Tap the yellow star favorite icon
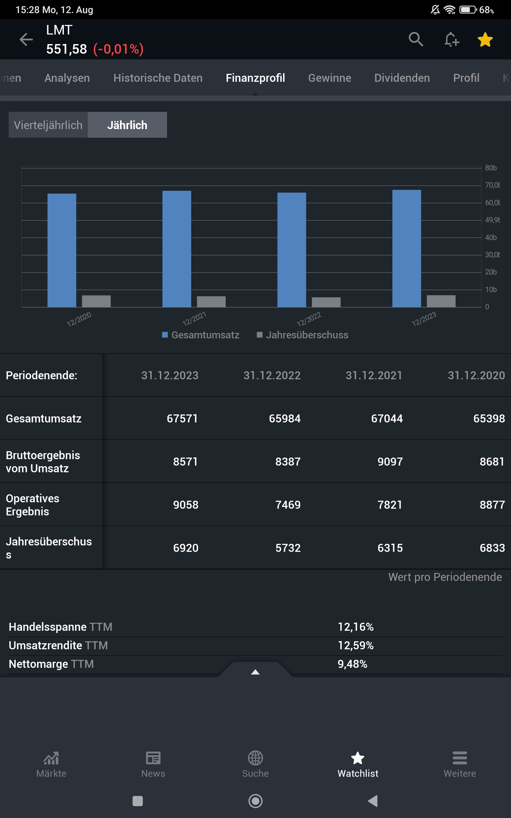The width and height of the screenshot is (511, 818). (x=485, y=40)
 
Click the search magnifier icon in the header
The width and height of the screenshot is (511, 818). (x=416, y=39)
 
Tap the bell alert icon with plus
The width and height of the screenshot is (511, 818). (x=451, y=40)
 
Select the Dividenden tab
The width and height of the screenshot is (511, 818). (x=402, y=78)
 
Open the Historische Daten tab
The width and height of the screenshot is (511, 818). (x=158, y=78)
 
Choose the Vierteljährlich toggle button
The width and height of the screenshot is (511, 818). (x=48, y=125)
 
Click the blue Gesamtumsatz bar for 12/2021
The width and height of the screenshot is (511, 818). (x=177, y=249)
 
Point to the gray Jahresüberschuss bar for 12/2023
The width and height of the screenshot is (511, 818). (x=441, y=301)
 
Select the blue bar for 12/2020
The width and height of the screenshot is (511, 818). (x=62, y=250)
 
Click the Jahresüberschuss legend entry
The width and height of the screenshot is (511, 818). (x=302, y=335)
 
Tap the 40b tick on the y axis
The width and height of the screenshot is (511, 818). (x=491, y=238)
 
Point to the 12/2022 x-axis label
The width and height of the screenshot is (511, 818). (x=309, y=319)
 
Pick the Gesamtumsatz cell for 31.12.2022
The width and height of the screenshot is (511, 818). (x=285, y=419)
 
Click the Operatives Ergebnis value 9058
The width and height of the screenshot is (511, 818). (x=186, y=505)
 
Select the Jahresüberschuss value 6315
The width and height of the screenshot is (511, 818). (x=390, y=548)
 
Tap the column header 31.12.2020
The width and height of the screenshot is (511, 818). (x=476, y=375)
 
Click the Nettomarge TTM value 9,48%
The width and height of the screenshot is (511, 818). (x=352, y=664)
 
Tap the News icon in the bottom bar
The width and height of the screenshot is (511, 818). (x=153, y=758)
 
